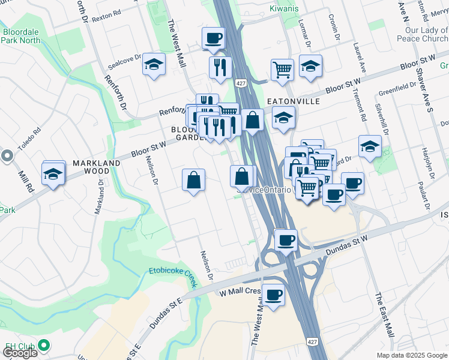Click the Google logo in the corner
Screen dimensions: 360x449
(20, 353)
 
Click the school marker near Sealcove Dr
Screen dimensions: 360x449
(154, 65)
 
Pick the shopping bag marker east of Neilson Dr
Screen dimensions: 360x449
(194, 180)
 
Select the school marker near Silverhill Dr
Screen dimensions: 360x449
(370, 146)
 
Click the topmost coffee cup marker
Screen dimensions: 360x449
(213, 39)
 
